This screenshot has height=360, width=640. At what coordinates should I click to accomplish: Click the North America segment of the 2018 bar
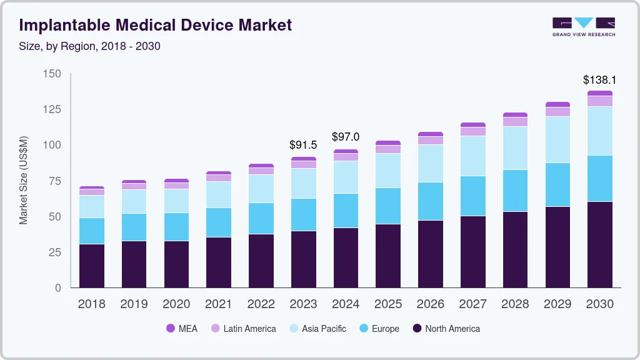(91, 266)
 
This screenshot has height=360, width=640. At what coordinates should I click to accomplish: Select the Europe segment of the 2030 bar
(599, 178)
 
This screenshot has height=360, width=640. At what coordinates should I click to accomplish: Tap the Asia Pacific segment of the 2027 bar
(472, 156)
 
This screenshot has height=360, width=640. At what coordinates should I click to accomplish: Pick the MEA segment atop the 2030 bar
(599, 93)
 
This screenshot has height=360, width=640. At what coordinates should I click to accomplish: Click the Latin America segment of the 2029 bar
(557, 112)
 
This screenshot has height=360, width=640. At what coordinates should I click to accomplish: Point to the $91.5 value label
(303, 144)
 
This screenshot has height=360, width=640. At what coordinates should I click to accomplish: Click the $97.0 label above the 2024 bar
(346, 136)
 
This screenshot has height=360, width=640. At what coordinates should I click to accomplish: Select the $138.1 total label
(599, 80)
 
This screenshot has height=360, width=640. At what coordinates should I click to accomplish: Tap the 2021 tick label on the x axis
(219, 304)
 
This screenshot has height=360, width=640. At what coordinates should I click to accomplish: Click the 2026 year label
(431, 304)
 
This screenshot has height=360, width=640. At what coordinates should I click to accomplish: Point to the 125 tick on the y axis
(52, 109)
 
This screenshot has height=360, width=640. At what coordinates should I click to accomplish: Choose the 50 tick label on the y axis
(55, 216)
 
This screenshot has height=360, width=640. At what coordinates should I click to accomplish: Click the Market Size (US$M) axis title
(24, 180)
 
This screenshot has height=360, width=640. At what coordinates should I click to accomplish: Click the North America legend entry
(446, 329)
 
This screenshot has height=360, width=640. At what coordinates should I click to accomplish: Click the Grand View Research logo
(583, 27)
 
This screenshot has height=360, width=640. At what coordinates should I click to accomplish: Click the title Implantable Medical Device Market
(155, 25)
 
